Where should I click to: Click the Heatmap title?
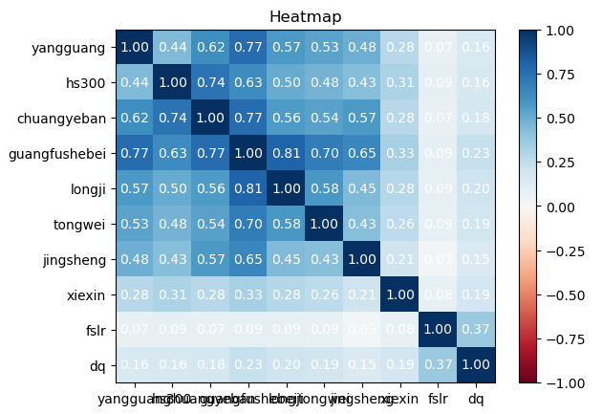[305, 16]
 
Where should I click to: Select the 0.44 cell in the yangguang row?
[172, 47]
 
